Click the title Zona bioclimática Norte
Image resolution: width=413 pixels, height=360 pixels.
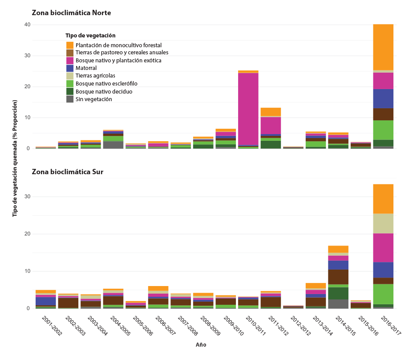click(71, 13)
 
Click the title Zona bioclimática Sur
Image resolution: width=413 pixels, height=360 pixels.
click(67, 172)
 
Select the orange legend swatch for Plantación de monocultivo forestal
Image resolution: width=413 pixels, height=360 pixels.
click(70, 45)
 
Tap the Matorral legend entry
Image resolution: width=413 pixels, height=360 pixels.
click(86, 68)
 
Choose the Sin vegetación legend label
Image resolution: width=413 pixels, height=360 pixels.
click(94, 99)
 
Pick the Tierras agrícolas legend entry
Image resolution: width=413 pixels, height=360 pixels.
click(95, 76)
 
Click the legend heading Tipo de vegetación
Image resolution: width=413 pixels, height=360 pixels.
click(90, 35)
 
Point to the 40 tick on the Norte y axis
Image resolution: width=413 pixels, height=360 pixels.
click(27, 25)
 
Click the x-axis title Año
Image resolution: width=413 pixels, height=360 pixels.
click(201, 345)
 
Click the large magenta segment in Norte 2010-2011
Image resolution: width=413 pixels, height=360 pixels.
click(248, 109)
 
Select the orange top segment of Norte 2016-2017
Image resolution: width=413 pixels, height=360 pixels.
click(383, 47)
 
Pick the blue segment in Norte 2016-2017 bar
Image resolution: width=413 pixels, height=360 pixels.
click(383, 98)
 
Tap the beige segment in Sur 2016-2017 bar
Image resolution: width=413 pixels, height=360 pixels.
click(383, 223)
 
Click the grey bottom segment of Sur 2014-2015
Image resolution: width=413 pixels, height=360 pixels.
click(338, 304)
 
